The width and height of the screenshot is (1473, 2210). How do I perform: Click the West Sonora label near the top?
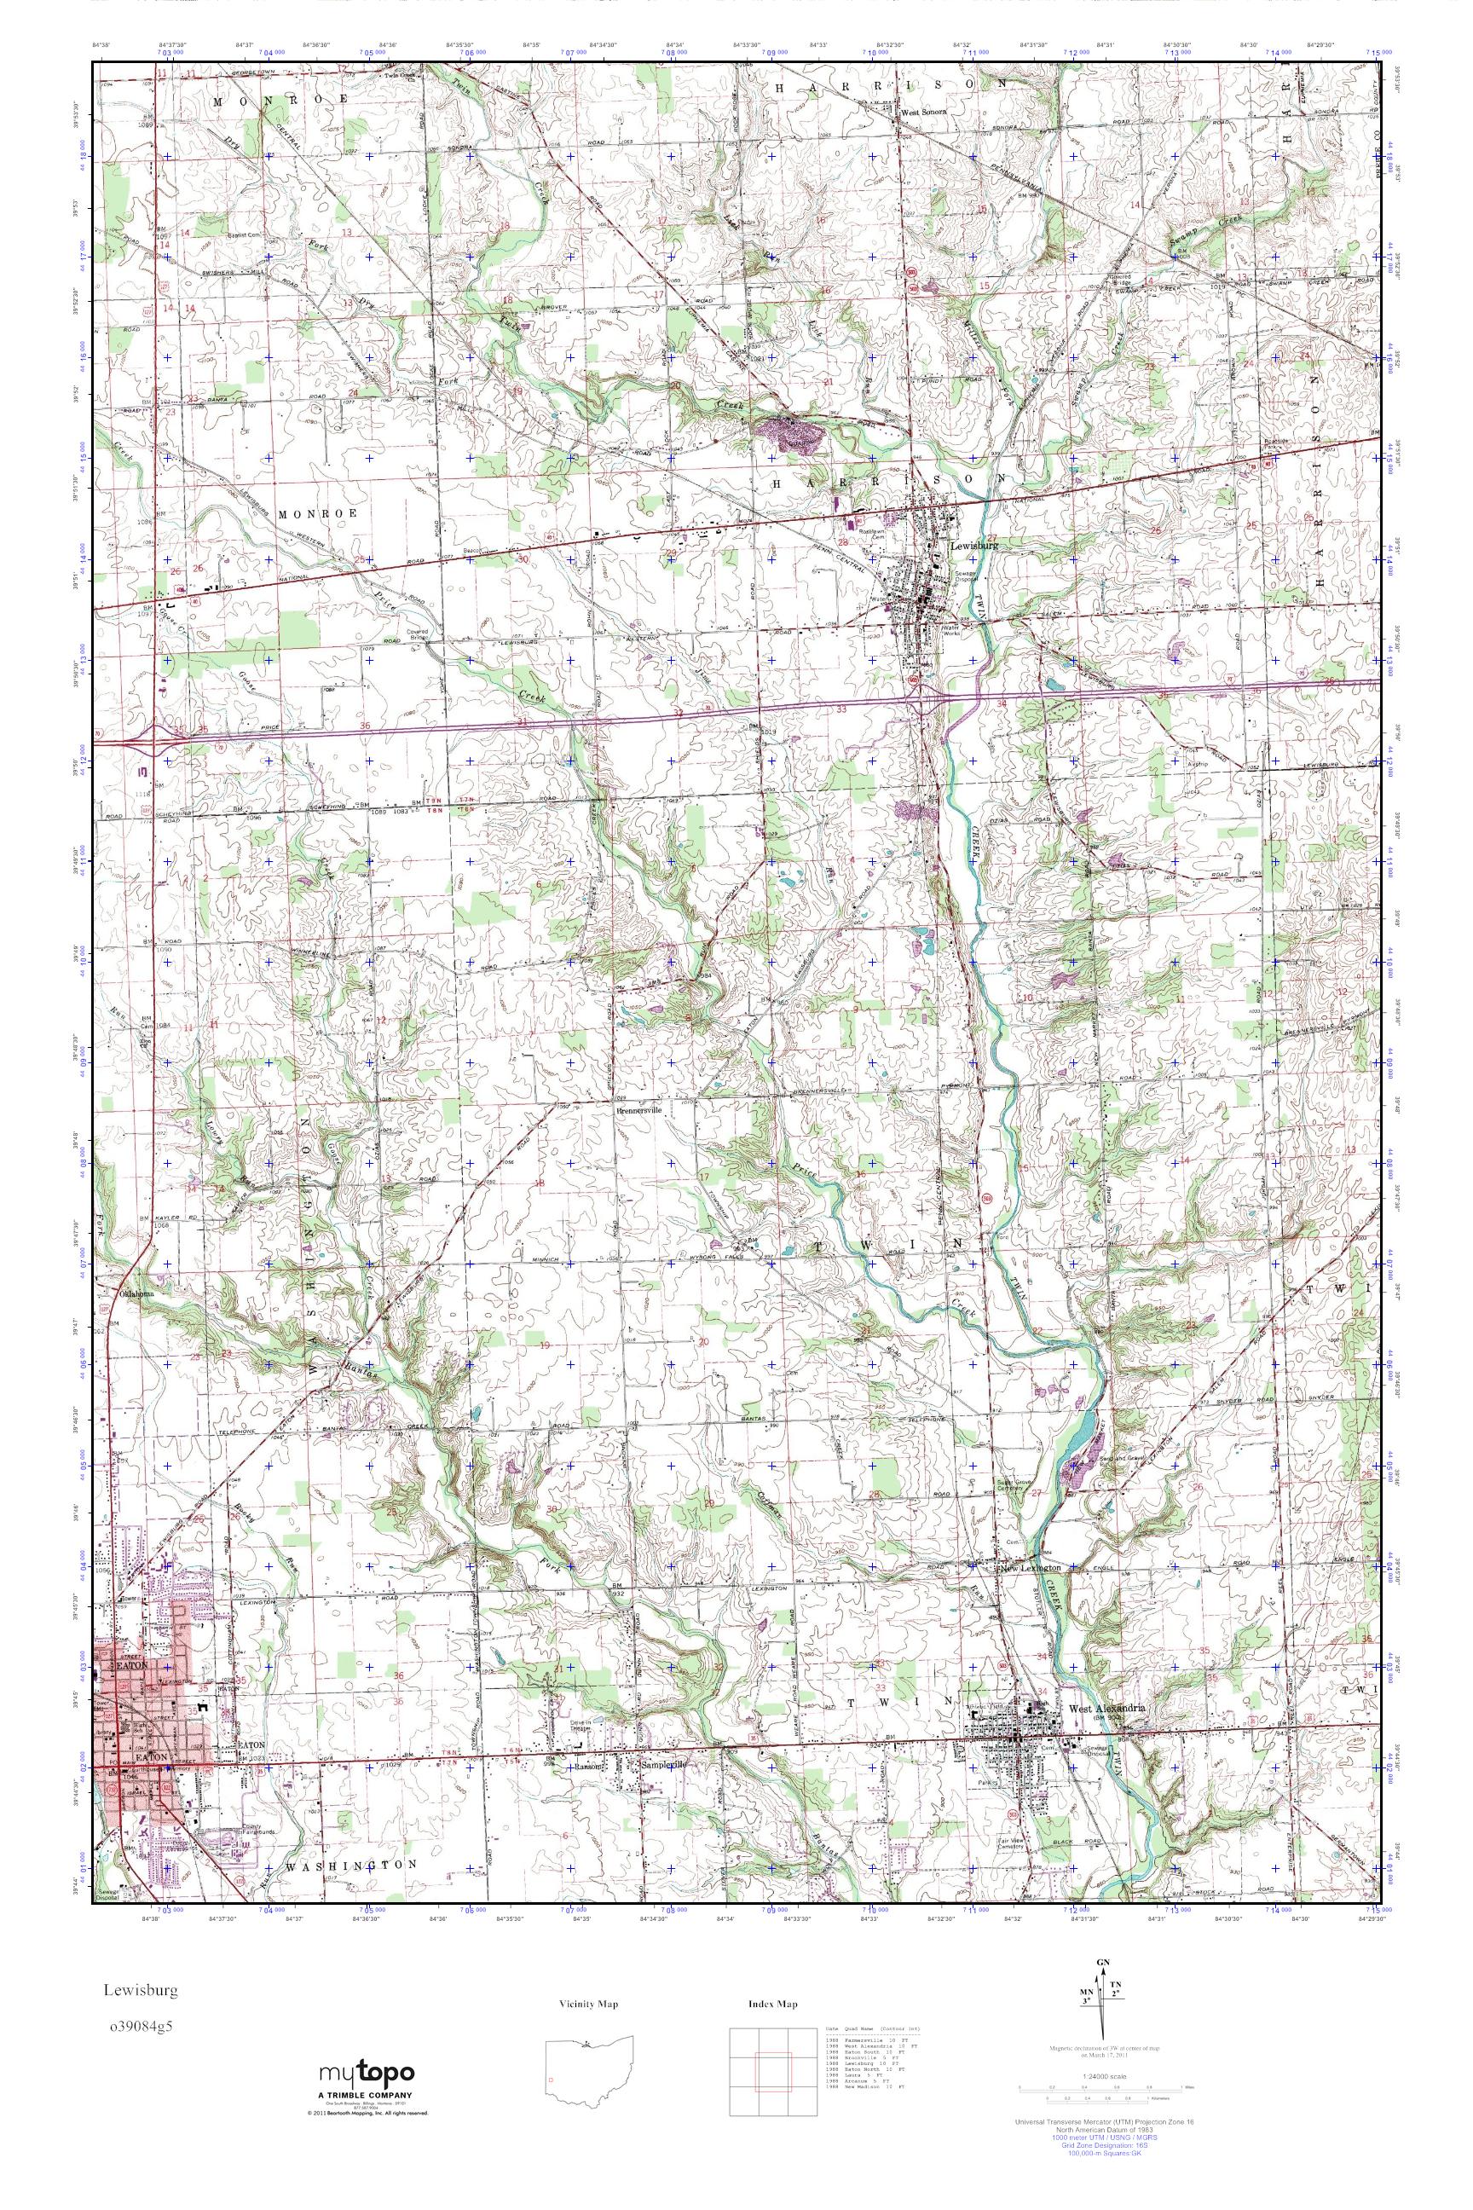pyautogui.click(x=923, y=112)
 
